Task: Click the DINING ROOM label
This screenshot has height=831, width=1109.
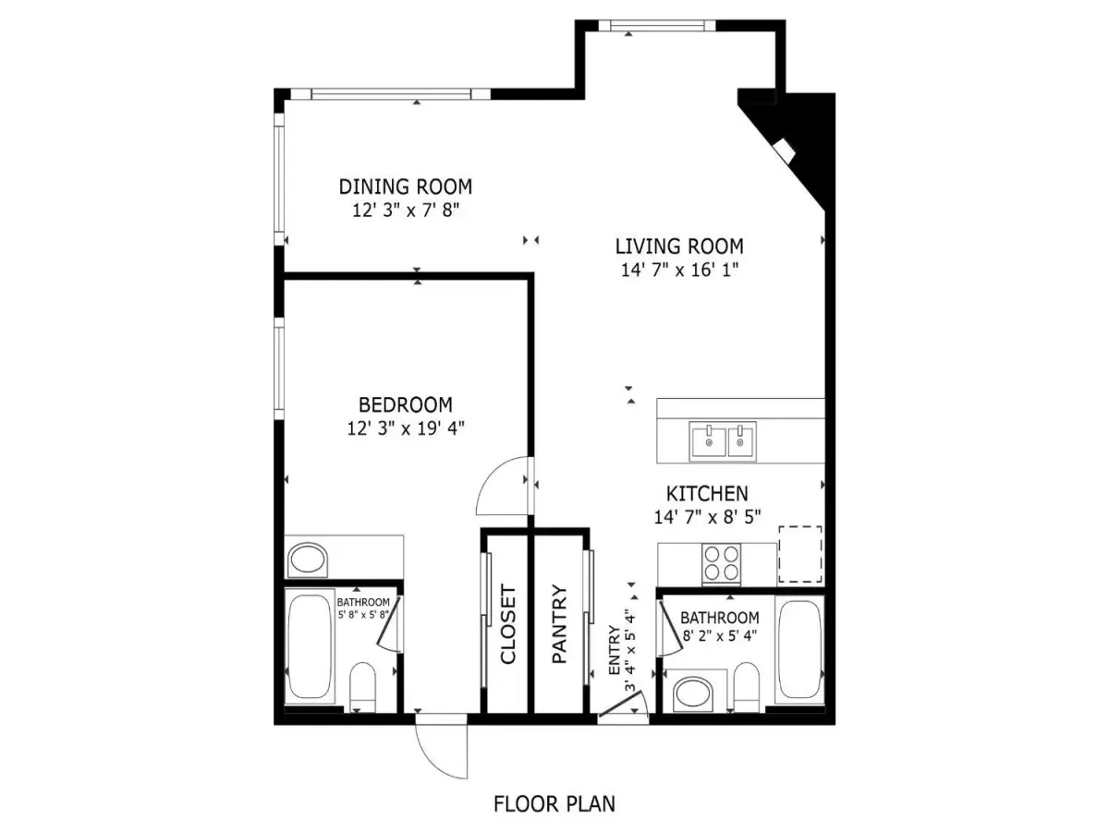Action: (405, 187)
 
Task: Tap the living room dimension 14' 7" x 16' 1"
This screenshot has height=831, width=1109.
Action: (679, 270)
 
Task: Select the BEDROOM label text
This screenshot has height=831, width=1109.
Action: (405, 404)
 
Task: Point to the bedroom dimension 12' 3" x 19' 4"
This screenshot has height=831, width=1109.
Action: (405, 428)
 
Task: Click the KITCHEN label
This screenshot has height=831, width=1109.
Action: (707, 493)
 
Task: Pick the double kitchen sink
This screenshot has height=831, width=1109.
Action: (723, 441)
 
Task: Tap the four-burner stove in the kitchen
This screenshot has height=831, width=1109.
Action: (721, 563)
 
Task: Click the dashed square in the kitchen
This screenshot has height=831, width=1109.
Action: (799, 553)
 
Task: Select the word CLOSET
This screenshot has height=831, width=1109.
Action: (507, 624)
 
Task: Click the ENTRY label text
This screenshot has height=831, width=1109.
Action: (615, 650)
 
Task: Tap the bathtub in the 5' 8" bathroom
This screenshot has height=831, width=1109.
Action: (310, 646)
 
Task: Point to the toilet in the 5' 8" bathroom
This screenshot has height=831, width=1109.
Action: (363, 687)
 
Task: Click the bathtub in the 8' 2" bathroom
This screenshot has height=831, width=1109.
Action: (799, 650)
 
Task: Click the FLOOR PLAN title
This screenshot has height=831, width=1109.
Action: (554, 803)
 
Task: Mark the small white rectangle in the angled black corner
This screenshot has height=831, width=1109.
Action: (784, 151)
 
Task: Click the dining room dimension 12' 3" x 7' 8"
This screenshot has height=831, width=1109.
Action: (405, 211)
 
